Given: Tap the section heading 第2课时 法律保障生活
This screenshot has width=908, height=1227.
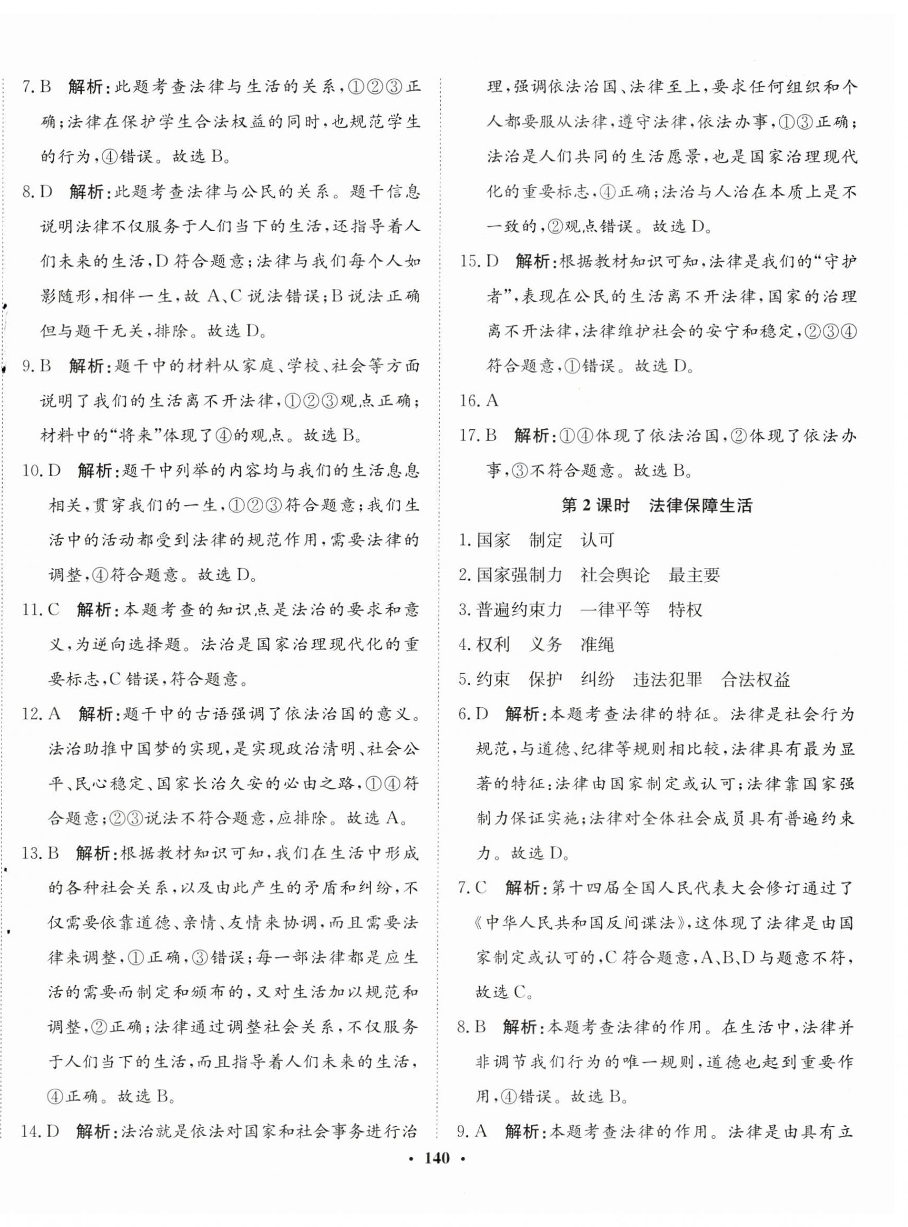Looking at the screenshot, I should pos(656,506).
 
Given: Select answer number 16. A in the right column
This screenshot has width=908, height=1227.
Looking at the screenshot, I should pos(479,401).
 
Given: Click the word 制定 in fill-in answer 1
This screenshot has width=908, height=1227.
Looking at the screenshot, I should pos(546,540).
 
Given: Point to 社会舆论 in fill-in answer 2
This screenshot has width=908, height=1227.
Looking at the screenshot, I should pos(615,575).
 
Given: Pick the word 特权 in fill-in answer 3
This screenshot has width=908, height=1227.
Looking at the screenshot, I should pos(685,610).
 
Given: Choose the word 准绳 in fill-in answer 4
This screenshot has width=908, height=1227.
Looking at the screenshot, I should pos(597,644).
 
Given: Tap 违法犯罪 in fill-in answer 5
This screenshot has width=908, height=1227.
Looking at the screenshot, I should pos(667,679).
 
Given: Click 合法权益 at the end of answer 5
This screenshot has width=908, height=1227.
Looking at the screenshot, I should pos(755,679).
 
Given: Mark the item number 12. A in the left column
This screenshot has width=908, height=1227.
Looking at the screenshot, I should pos(40,714).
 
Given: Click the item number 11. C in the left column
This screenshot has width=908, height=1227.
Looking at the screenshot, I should pos(40,610).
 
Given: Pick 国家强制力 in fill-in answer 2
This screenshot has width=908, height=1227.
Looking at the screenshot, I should pos(519,575).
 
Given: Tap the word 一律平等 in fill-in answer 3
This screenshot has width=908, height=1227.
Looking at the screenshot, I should pos(615,610).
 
